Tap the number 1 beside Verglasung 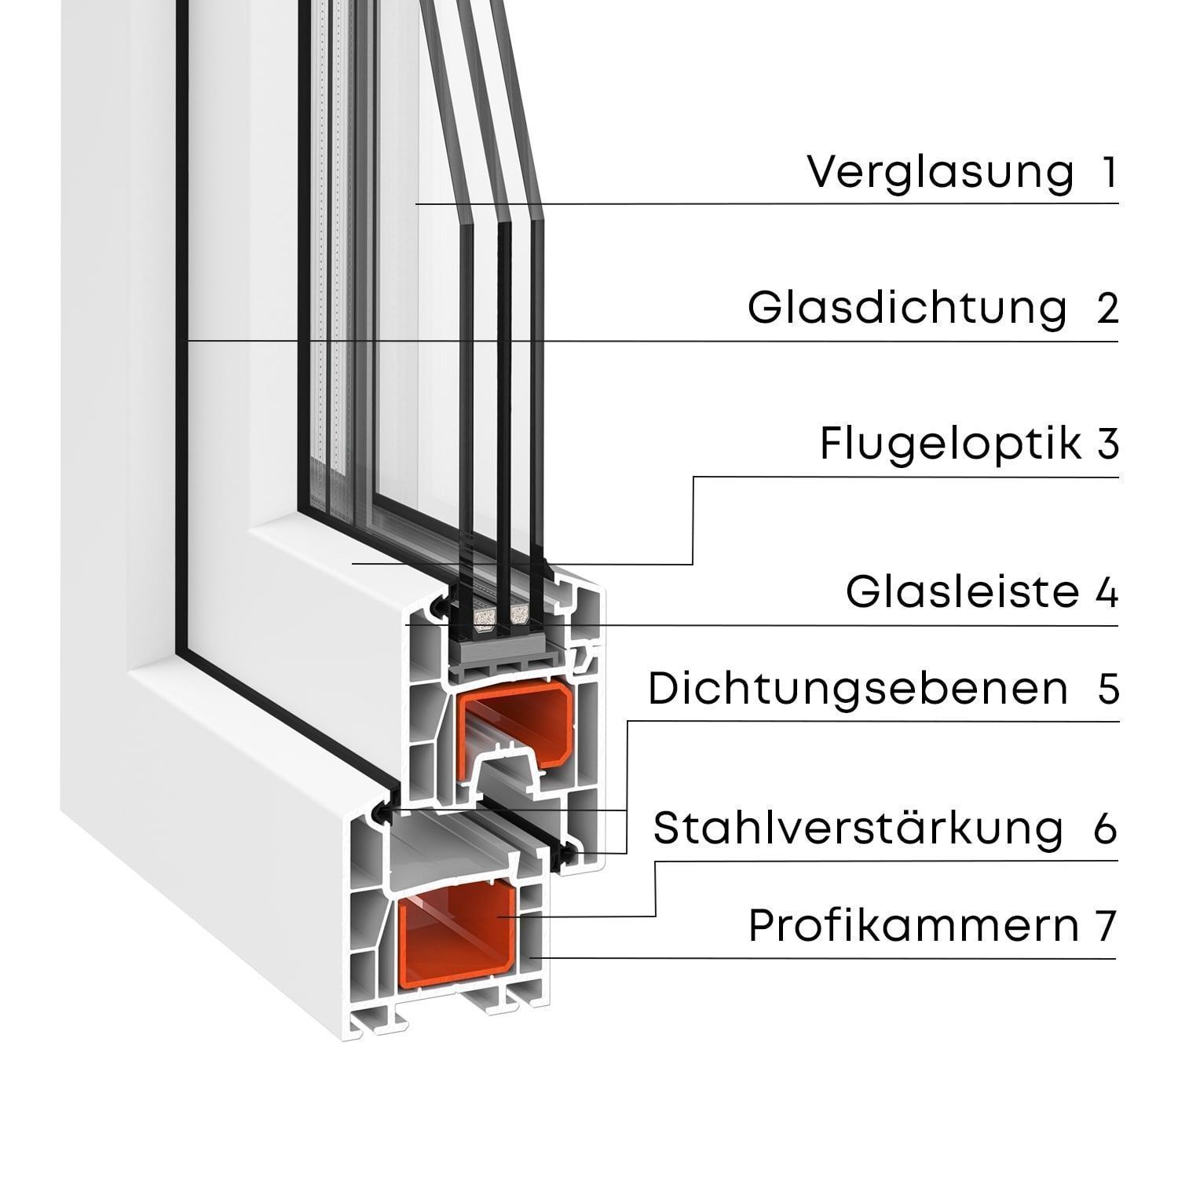tap(1108, 173)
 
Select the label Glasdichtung tap(907, 308)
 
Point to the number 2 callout tap(1107, 308)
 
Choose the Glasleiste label tap(963, 592)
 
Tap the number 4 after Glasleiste tap(1107, 592)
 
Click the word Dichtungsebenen tap(858, 689)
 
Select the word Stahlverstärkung tap(858, 828)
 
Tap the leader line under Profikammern tap(825, 958)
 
